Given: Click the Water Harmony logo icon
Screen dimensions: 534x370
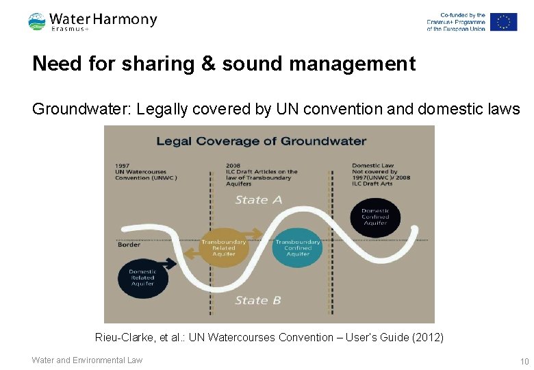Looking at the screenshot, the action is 37,22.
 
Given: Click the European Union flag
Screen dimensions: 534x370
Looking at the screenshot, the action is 503,22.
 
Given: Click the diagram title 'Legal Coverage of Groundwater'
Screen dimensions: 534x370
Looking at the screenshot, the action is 262,142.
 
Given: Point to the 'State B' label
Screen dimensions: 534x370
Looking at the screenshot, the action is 258,300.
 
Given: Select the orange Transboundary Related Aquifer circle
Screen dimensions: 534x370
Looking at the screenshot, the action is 223,247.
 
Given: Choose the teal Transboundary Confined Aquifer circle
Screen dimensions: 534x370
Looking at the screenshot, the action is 297,247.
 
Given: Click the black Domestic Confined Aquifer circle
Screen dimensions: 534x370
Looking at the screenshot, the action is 375,217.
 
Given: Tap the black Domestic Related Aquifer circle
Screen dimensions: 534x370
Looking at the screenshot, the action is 142,277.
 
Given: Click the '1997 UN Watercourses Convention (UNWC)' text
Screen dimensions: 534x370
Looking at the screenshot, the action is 147,171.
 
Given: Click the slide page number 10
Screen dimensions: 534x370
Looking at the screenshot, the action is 524,361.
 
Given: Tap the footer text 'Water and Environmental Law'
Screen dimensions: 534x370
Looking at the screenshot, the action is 87,360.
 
